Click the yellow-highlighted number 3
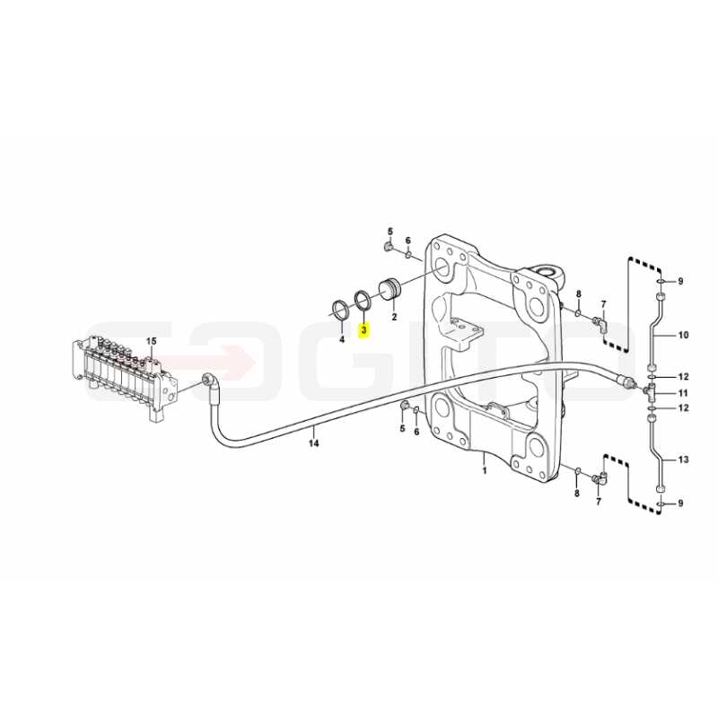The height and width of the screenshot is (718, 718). point(364,329)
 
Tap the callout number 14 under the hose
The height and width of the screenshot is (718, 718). point(313,443)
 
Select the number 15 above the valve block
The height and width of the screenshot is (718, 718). point(151,341)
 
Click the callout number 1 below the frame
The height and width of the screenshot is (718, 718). point(485,469)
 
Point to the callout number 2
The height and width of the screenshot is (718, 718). point(394,317)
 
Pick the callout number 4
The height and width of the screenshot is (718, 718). point(341,339)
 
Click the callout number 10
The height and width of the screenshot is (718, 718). point(683,335)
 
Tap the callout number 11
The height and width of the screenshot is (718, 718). point(683,393)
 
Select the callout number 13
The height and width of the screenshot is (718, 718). point(683,460)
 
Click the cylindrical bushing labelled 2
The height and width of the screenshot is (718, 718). point(390,289)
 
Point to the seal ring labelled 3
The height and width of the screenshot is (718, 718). point(364,300)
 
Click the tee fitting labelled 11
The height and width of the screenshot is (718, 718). point(650,391)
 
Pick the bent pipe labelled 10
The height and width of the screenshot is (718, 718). point(655,333)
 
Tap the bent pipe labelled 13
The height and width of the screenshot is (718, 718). point(655,453)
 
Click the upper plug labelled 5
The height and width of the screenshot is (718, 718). point(387,248)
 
